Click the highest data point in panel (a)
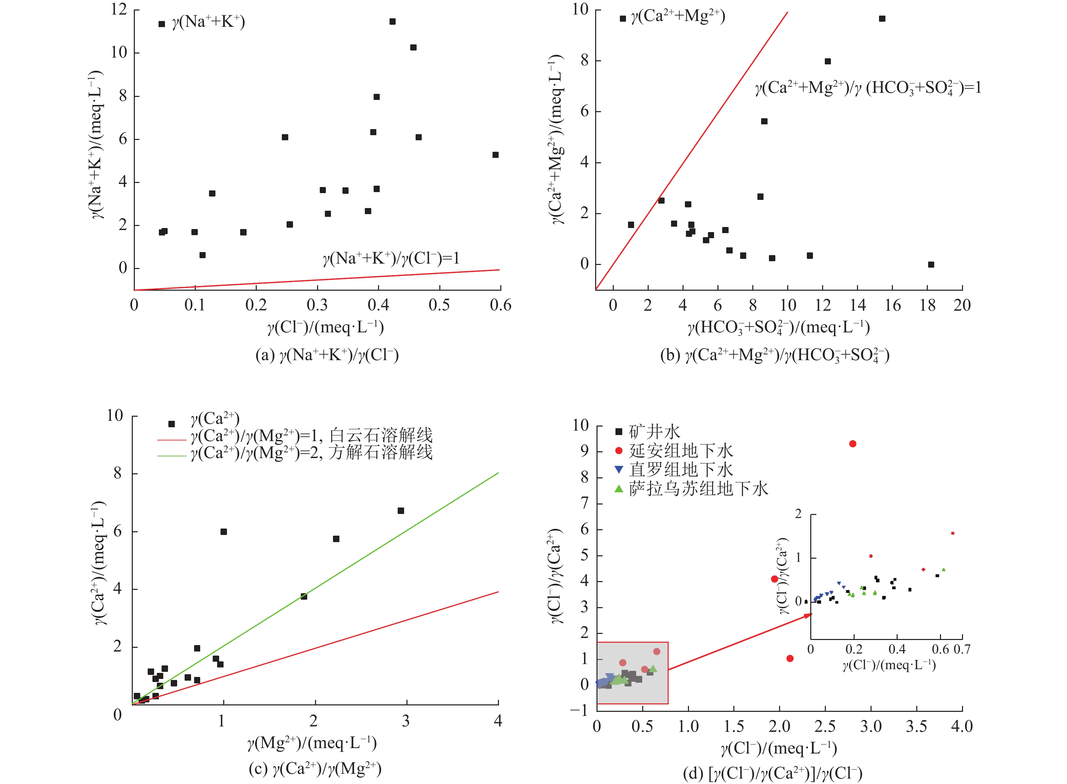click(x=392, y=22)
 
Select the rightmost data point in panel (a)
click(x=495, y=155)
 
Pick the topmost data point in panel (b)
click(x=882, y=19)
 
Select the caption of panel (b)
click(x=774, y=355)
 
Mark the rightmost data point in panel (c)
click(x=401, y=511)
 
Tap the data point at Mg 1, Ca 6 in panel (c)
click(x=224, y=532)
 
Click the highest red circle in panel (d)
click(x=853, y=444)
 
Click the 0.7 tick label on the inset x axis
click(x=962, y=649)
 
